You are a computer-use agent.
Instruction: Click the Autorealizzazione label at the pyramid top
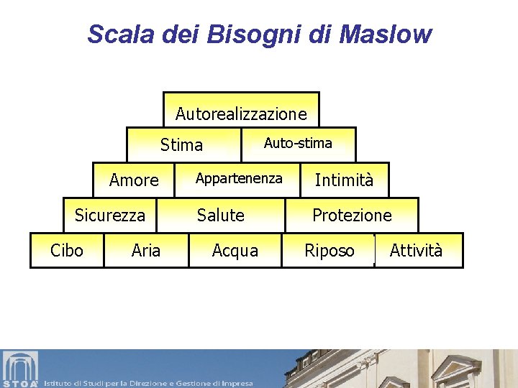241,114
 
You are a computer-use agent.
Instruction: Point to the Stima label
181,145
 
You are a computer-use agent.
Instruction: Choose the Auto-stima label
298,143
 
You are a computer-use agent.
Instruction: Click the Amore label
134,180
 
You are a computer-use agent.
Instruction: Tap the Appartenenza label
239,178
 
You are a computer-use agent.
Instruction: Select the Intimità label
344,180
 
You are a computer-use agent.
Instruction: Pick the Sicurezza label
110,215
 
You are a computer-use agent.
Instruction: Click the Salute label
221,215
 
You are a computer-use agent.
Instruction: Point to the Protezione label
352,215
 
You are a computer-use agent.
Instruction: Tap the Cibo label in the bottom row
66,250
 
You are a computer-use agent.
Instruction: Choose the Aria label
146,250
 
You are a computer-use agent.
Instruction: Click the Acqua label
235,250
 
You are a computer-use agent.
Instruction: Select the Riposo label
330,250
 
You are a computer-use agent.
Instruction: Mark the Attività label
416,250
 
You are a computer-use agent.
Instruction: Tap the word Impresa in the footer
237,383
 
